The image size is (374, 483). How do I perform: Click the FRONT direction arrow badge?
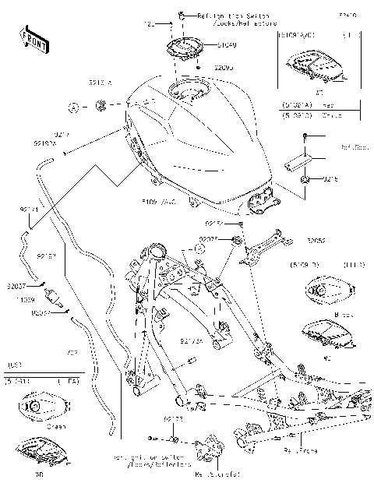pyautogui.click(x=28, y=37)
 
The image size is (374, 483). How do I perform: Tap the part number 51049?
pyautogui.click(x=206, y=44)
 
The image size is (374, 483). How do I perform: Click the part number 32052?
pyautogui.click(x=316, y=241)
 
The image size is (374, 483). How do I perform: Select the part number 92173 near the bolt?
pyautogui.click(x=173, y=418)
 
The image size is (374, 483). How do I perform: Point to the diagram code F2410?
pyautogui.click(x=349, y=14)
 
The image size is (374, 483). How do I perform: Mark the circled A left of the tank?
pyautogui.click(x=72, y=105)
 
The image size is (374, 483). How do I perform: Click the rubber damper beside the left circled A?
pyautogui.click(x=101, y=105)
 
